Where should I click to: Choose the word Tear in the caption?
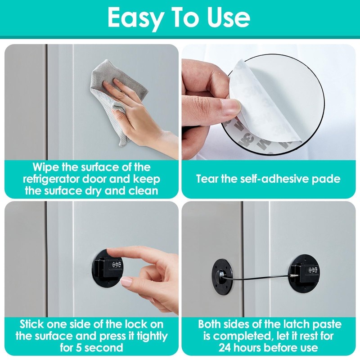point(208,179)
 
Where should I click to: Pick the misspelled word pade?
point(327,179)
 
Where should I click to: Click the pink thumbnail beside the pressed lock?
point(127,282)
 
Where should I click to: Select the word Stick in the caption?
point(33,324)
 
